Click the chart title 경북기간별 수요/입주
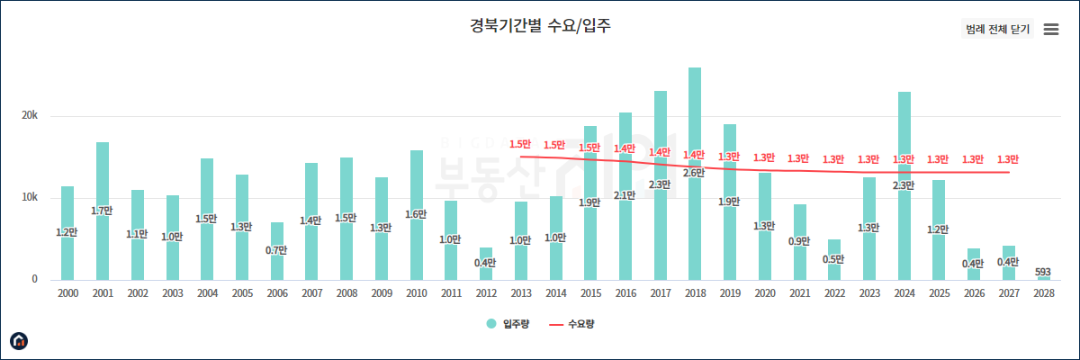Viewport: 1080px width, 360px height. click(x=540, y=25)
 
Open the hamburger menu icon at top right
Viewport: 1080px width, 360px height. click(x=1050, y=29)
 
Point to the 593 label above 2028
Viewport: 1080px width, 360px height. click(x=1043, y=272)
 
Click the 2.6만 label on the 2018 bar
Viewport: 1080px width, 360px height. click(x=694, y=173)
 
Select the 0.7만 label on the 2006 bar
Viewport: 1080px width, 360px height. click(x=276, y=249)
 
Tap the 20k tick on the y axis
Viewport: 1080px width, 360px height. click(x=30, y=116)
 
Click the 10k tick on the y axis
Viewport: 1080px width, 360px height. click(x=30, y=198)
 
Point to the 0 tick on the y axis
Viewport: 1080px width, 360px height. click(x=34, y=279)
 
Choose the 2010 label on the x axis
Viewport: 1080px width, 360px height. click(x=416, y=293)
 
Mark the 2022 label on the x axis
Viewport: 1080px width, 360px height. click(x=834, y=293)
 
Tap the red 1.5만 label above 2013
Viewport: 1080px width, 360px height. click(x=520, y=144)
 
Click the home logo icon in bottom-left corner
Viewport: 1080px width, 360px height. click(x=19, y=340)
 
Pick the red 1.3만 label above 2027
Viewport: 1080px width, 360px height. click(x=1008, y=159)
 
